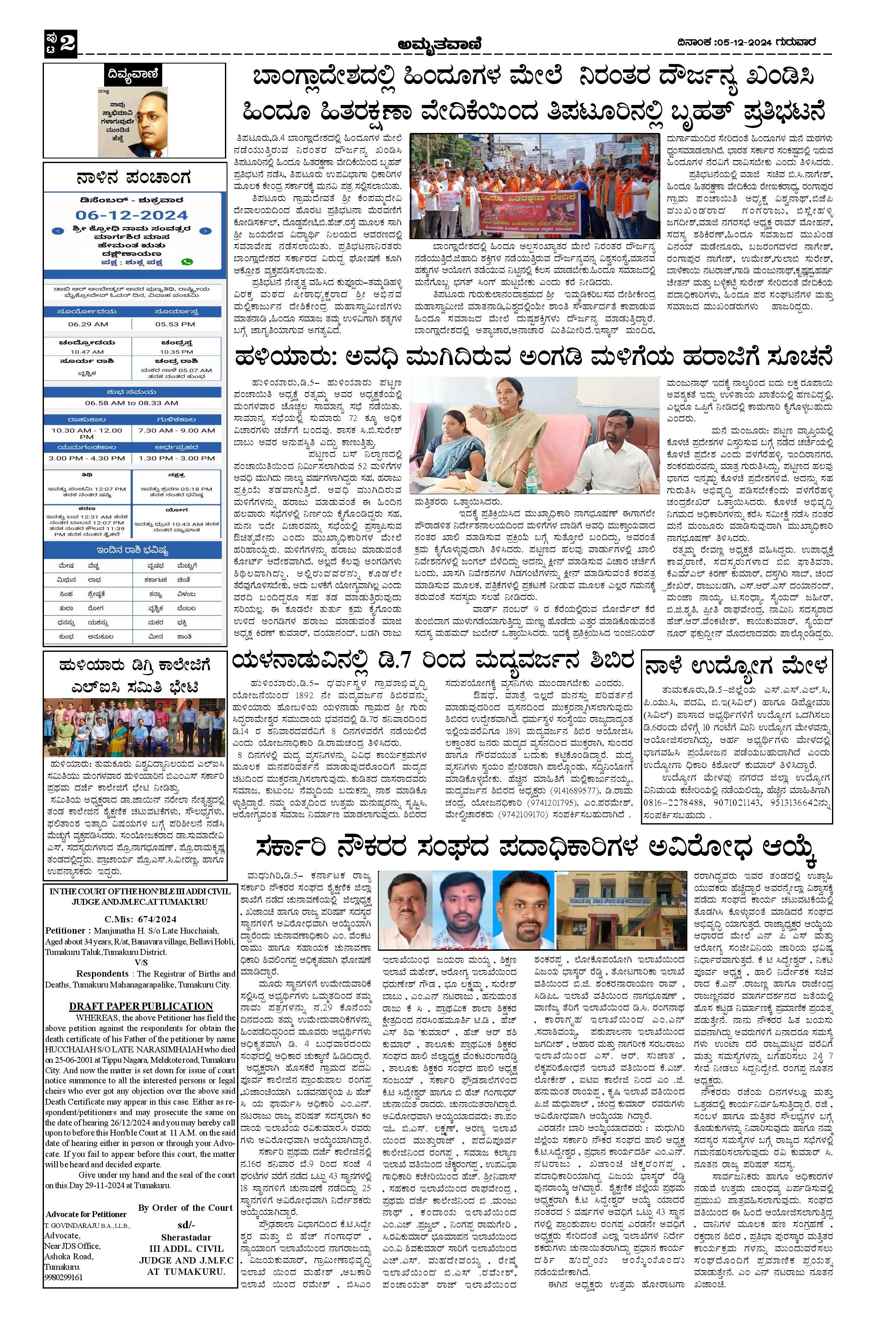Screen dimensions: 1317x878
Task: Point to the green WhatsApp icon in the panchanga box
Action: pyautogui.click(x=187, y=261)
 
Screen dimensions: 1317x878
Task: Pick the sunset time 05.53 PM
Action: pyautogui.click(x=175, y=324)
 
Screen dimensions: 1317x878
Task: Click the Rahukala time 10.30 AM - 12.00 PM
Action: pyautogui.click(x=87, y=434)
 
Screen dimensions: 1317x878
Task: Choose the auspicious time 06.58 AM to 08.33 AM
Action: pyautogui.click(x=132, y=403)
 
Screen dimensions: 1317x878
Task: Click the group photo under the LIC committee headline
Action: pyautogui.click(x=135, y=730)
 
